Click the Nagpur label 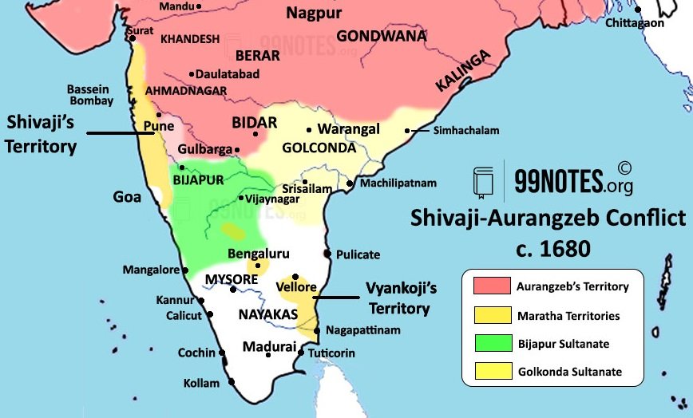pyautogui.click(x=314, y=13)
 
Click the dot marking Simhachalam pyautogui.click(x=407, y=131)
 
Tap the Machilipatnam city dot pyautogui.click(x=350, y=183)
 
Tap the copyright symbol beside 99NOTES pyautogui.click(x=624, y=168)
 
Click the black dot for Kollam pyautogui.click(x=232, y=382)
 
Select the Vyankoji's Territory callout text pyautogui.click(x=398, y=298)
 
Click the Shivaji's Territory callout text pyautogui.click(x=42, y=134)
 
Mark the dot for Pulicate pyautogui.click(x=327, y=255)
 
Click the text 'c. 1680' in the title pyautogui.click(x=547, y=248)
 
